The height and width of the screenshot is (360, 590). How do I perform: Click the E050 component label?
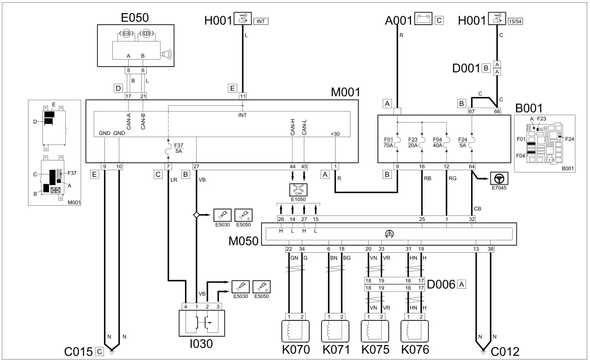[135, 18]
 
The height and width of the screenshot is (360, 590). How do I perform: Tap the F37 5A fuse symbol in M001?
[168, 149]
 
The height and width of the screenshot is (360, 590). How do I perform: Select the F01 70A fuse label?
[388, 143]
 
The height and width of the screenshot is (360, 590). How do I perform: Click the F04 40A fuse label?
[438, 143]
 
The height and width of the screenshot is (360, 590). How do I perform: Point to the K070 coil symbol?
[295, 331]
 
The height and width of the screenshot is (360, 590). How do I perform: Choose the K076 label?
[415, 350]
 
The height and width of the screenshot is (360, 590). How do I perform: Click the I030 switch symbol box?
[202, 323]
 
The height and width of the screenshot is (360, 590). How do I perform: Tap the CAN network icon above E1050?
[298, 189]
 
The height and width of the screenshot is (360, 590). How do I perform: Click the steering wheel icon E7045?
[499, 179]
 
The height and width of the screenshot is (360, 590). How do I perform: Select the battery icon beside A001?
[423, 19]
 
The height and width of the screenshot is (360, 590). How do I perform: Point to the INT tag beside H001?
[261, 21]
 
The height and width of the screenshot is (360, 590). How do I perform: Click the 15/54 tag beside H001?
[515, 21]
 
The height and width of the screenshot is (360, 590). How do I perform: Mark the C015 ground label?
[78, 352]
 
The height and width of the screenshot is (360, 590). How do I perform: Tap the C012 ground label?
[505, 352]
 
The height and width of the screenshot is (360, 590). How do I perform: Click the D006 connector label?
[441, 284]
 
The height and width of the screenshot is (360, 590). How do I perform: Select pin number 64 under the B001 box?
[472, 166]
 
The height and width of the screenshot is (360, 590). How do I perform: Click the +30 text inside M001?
[335, 134]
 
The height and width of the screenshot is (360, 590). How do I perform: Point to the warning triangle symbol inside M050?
[389, 234]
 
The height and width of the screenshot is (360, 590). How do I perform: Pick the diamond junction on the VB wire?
[196, 215]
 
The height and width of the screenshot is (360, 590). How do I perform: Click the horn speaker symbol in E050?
[166, 55]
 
